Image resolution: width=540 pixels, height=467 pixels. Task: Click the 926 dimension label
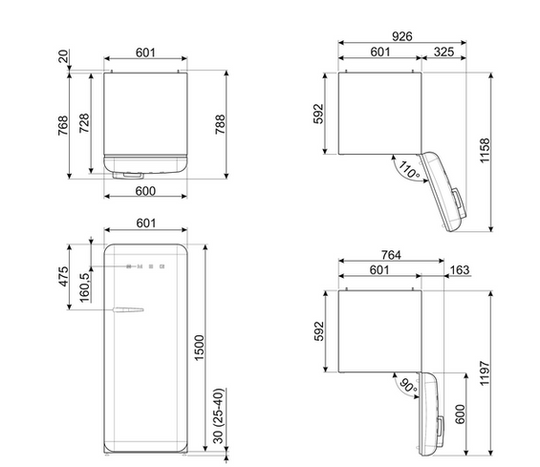pos(402,36)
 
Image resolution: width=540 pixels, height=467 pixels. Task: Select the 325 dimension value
pos(443,52)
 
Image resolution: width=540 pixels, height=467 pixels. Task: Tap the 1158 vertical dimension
pos(485,150)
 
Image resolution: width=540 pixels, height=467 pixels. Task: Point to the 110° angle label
pos(409,170)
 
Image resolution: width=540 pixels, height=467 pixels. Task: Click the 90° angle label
pos(408,386)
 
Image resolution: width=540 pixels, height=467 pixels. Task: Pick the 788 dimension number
pos(220,124)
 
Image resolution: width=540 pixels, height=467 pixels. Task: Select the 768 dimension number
pos(63,126)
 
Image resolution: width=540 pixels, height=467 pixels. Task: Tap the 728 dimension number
pos(84,123)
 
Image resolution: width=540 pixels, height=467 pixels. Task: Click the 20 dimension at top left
pos(63,56)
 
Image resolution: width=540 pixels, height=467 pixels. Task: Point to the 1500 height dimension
pos(199,348)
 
